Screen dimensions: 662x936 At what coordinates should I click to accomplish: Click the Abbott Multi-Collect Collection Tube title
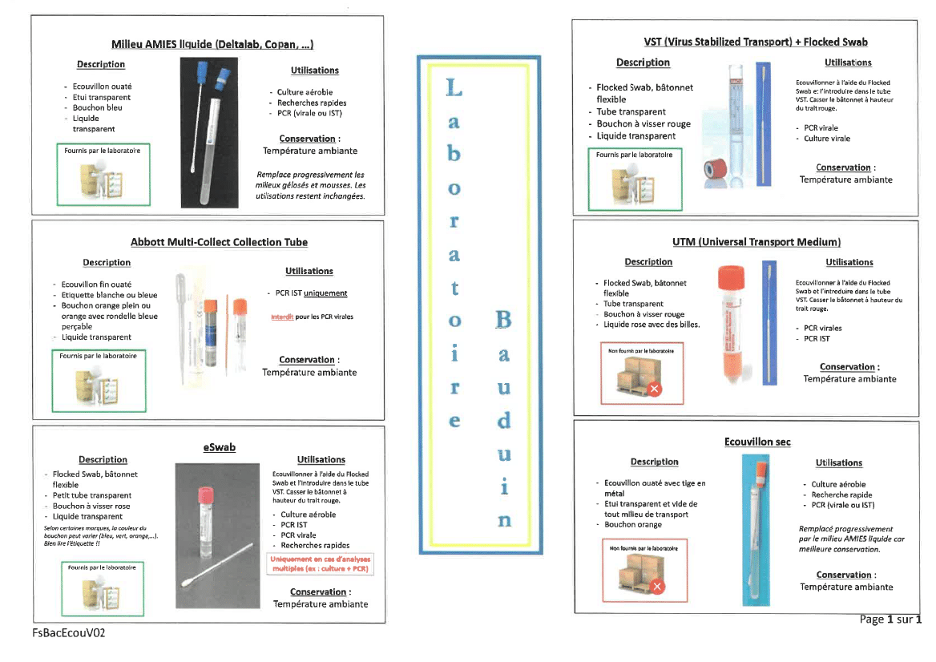[x=219, y=242]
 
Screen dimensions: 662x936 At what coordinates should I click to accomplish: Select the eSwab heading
[x=220, y=446]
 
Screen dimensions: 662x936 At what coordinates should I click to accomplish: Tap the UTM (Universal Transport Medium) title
[x=756, y=241]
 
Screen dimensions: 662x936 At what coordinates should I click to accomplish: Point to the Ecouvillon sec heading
[x=757, y=442]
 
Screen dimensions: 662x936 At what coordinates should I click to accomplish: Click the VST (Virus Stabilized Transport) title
[x=756, y=42]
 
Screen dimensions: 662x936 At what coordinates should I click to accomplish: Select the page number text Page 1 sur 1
[x=890, y=620]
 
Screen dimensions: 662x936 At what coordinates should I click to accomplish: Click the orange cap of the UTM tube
[x=730, y=278]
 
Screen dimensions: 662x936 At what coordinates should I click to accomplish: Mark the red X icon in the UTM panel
[x=654, y=390]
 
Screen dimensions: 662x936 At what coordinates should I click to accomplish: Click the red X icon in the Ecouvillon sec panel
[x=658, y=587]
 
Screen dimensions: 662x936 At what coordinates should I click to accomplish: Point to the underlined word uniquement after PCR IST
[x=325, y=293]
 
